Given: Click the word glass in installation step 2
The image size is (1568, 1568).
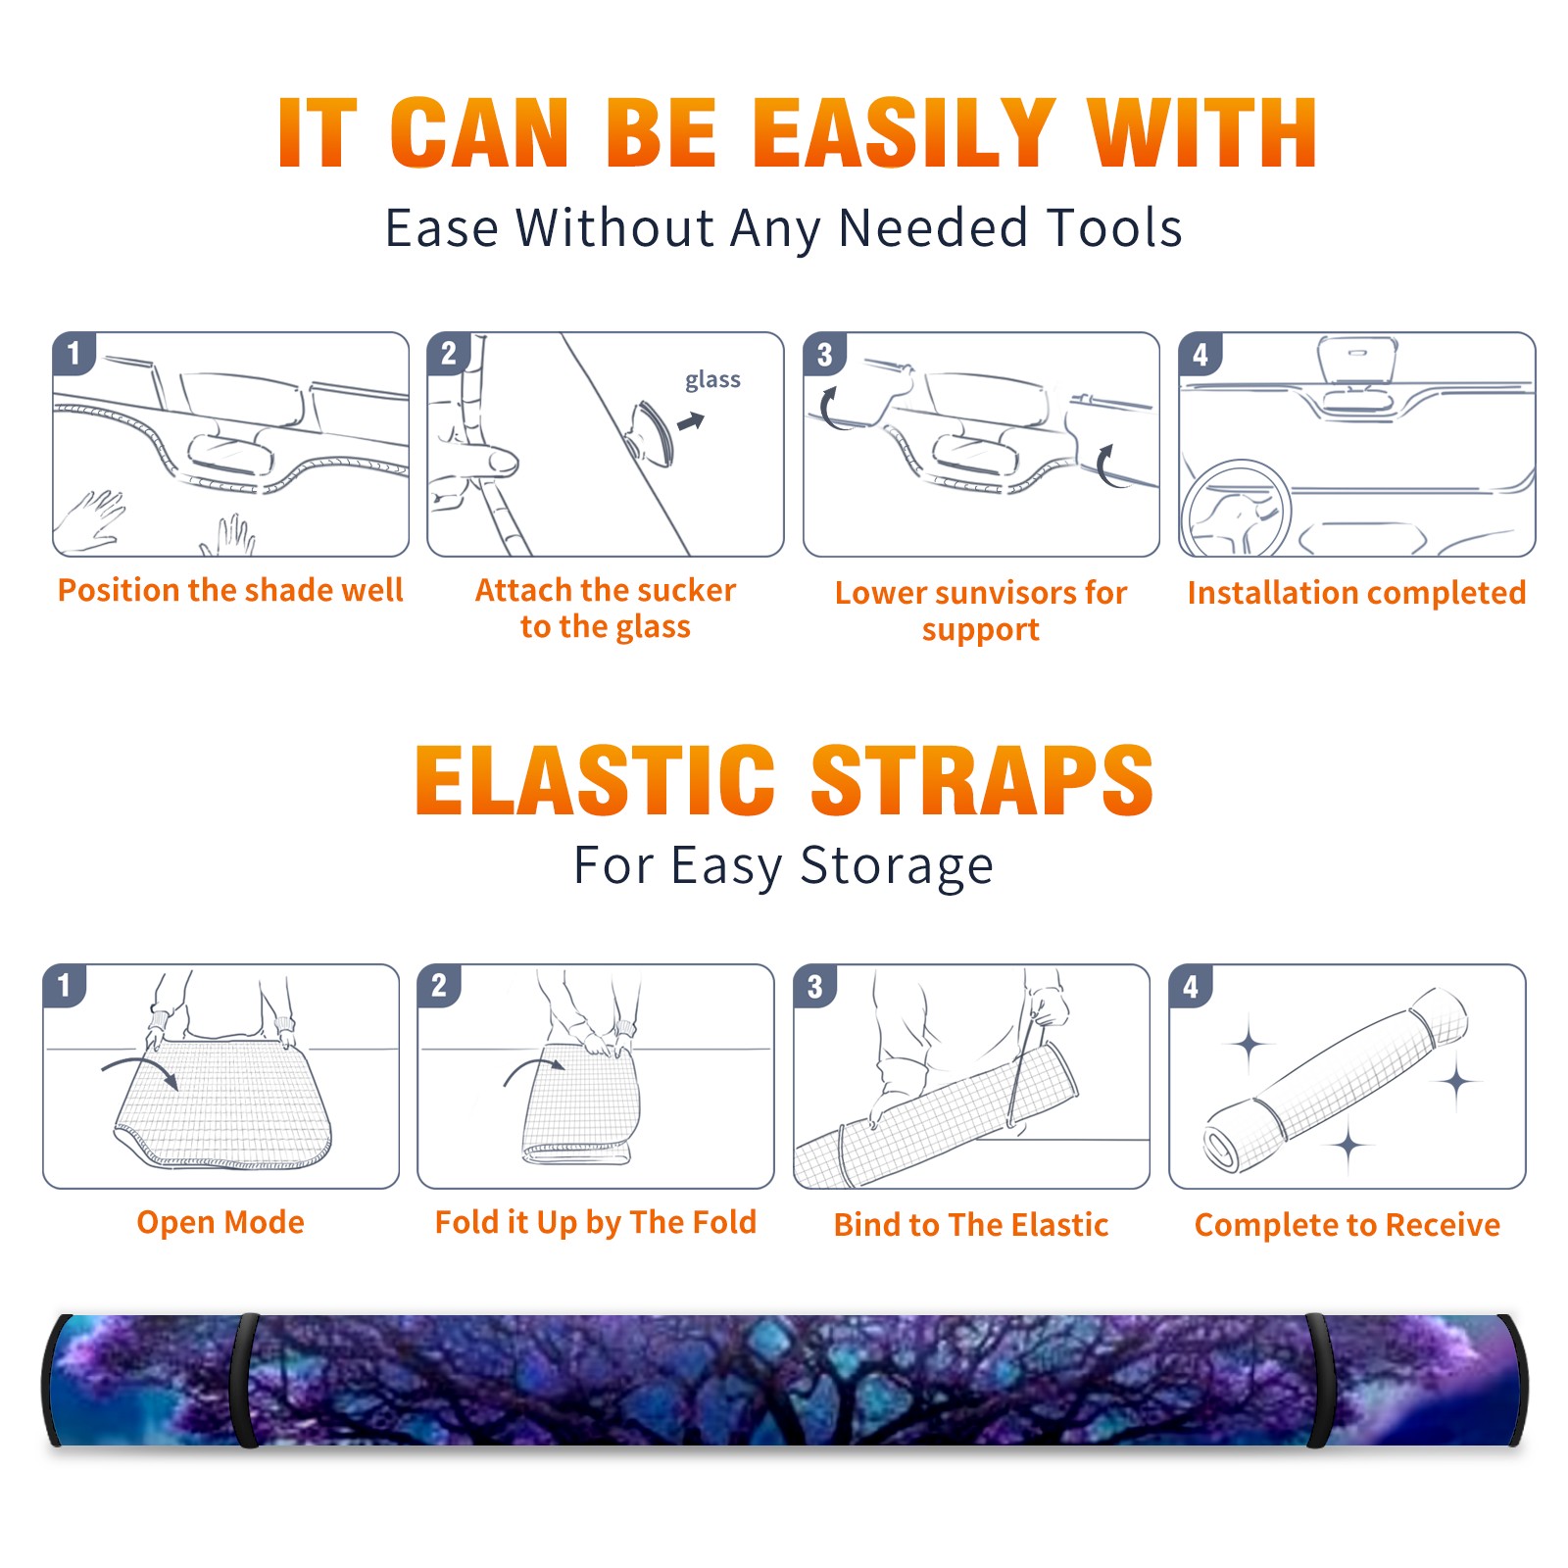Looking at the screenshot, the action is [x=712, y=380].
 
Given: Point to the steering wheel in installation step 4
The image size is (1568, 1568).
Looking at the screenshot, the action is [x=1236, y=509].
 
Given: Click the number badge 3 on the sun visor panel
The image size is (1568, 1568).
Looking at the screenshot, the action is [x=824, y=355].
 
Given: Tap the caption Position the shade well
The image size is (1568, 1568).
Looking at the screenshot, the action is [x=230, y=590].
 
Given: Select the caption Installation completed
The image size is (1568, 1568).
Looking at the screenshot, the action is [x=1356, y=593].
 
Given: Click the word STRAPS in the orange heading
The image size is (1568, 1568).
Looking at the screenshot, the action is [x=982, y=780].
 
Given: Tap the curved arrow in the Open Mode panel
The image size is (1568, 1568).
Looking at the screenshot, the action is [x=140, y=1069].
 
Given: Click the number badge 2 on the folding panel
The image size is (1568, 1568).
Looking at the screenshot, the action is [x=438, y=986].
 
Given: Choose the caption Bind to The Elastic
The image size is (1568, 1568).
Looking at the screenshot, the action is [x=970, y=1225].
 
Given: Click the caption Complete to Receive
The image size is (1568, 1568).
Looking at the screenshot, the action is [x=1347, y=1225].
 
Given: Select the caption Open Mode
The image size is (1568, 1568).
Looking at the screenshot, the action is [x=220, y=1222].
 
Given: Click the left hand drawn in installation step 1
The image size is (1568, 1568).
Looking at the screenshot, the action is [x=91, y=518].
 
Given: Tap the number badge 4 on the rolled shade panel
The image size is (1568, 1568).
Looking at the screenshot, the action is [x=1190, y=986].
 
